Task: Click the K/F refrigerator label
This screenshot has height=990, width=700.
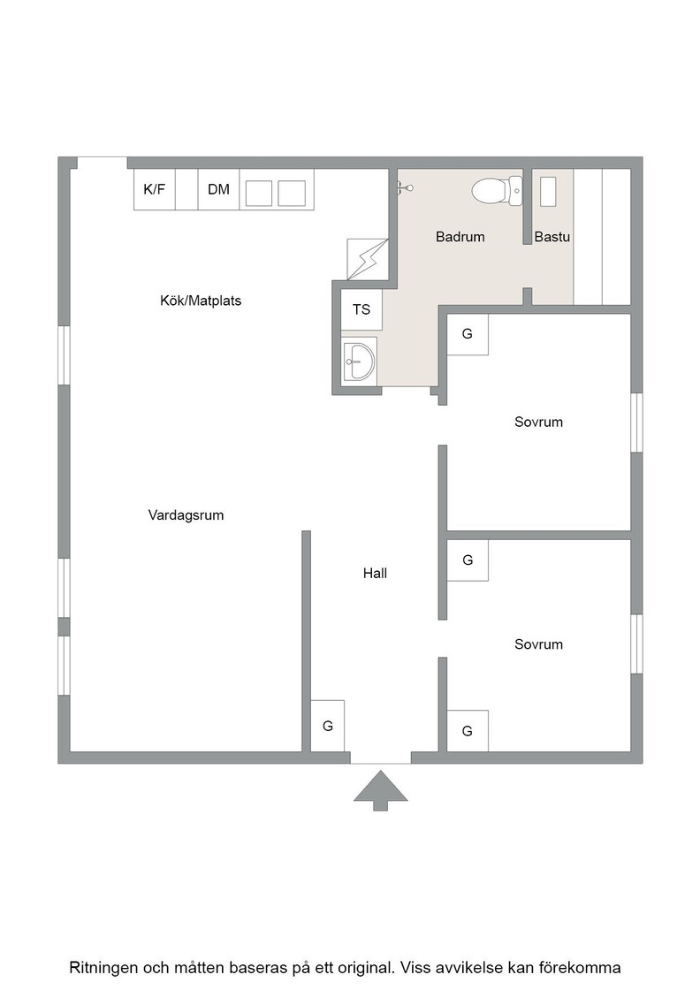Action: click(x=155, y=189)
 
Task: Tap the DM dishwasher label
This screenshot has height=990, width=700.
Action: click(x=218, y=189)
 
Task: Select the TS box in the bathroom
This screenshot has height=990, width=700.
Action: click(x=361, y=309)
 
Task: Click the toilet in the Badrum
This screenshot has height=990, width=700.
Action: click(x=498, y=191)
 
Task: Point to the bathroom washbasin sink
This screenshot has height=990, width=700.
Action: click(x=359, y=362)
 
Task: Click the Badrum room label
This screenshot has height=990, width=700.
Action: click(x=460, y=237)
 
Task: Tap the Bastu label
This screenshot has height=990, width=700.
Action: click(x=552, y=237)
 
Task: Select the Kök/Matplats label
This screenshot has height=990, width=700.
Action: click(x=201, y=301)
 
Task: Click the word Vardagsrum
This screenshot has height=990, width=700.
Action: click(x=186, y=515)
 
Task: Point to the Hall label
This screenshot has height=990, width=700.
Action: click(x=375, y=574)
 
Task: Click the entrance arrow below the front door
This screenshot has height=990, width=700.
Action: click(x=381, y=789)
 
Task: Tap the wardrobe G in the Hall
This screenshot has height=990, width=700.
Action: click(x=328, y=726)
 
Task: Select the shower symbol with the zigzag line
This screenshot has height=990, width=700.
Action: click(x=368, y=259)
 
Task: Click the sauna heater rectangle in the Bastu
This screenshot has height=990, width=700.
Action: click(x=548, y=192)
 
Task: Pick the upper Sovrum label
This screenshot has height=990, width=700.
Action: click(x=538, y=422)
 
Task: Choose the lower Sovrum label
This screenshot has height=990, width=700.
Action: click(x=538, y=644)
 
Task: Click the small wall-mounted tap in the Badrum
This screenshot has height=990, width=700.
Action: click(x=405, y=187)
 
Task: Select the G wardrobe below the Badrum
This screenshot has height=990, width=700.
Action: click(x=468, y=334)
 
